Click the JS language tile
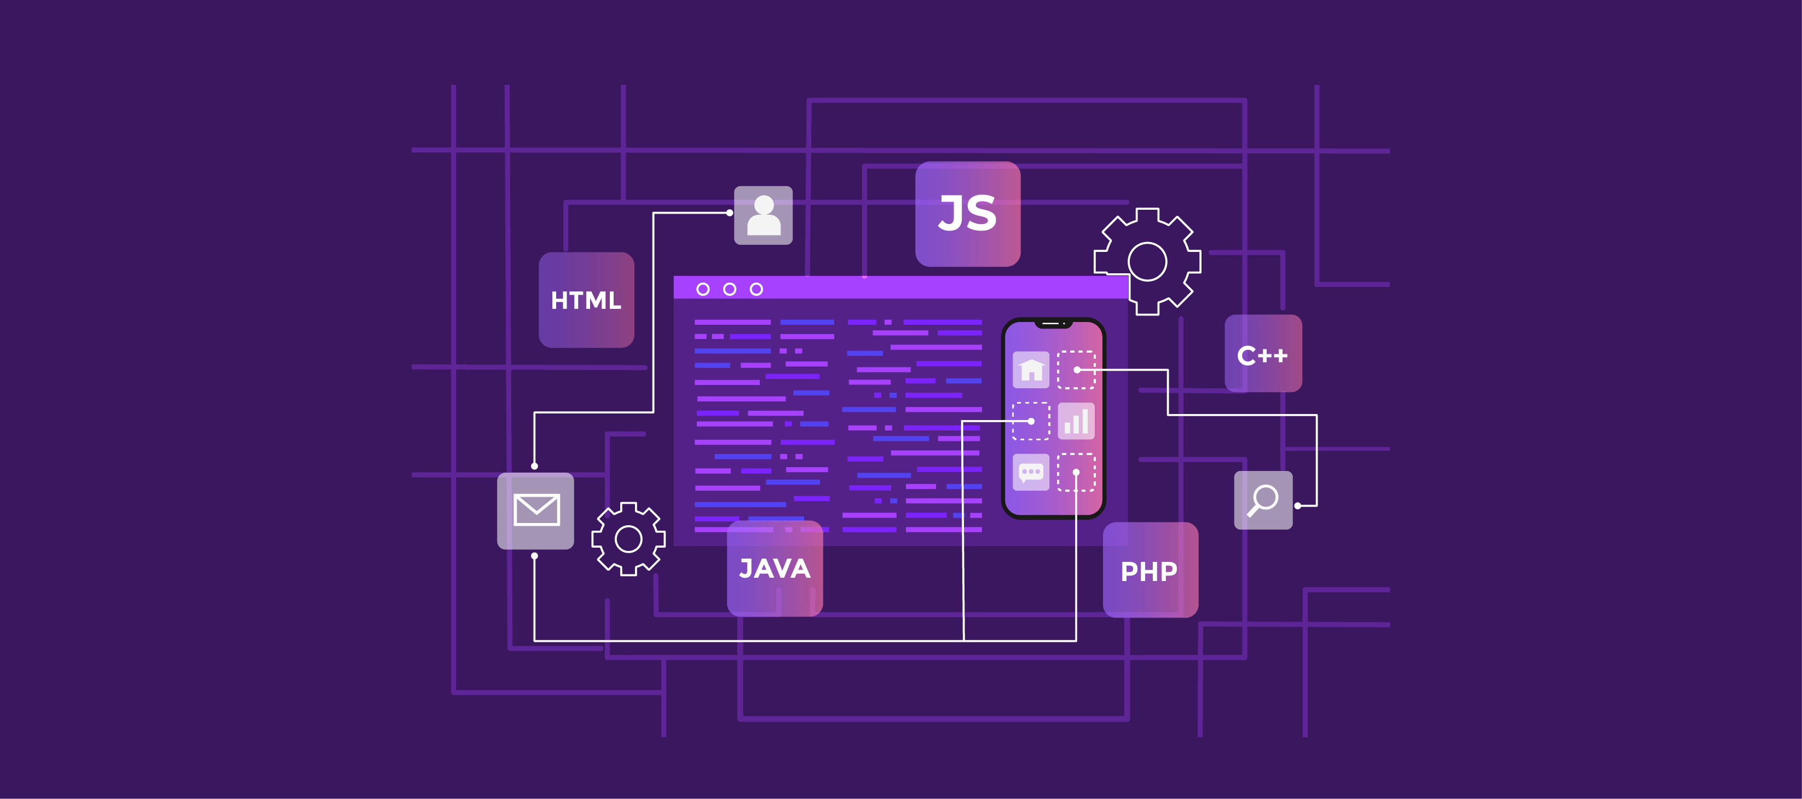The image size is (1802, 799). pyautogui.click(x=967, y=214)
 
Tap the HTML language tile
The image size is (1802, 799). pyautogui.click(x=586, y=300)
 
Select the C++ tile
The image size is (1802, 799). pyautogui.click(x=1263, y=354)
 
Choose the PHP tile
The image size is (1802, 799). pyautogui.click(x=1150, y=570)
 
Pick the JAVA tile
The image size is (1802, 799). pyautogui.click(x=775, y=568)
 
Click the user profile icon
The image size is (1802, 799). pyautogui.click(x=763, y=215)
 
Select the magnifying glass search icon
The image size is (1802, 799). pyautogui.click(x=1263, y=500)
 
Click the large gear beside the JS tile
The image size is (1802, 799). pyautogui.click(x=1147, y=262)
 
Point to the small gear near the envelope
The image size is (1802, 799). pyautogui.click(x=628, y=539)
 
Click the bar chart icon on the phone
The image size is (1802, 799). pyautogui.click(x=1076, y=421)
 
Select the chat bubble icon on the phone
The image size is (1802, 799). pyautogui.click(x=1031, y=472)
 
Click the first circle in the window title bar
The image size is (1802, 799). pyautogui.click(x=703, y=289)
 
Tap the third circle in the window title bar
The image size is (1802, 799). pyautogui.click(x=756, y=289)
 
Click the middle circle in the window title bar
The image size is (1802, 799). pyautogui.click(x=730, y=289)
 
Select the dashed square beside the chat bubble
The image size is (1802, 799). pyautogui.click(x=1076, y=472)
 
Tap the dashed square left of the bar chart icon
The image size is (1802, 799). pyautogui.click(x=1031, y=421)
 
